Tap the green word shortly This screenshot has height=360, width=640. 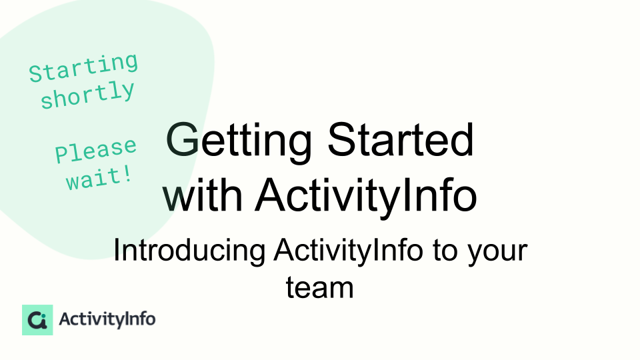(x=88, y=95)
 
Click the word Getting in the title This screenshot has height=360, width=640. (x=239, y=141)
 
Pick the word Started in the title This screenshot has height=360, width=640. (x=401, y=139)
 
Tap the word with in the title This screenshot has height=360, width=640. (x=203, y=194)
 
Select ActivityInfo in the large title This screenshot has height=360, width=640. (x=366, y=197)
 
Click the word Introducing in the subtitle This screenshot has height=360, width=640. (x=189, y=250)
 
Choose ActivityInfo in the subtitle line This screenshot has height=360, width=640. (x=348, y=250)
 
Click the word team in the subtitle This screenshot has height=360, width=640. (x=319, y=287)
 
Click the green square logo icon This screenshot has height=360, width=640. (x=37, y=320)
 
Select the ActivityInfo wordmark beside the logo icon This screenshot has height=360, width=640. (x=107, y=319)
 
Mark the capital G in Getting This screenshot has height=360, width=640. (x=183, y=139)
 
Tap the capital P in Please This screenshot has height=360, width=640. (x=62, y=154)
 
